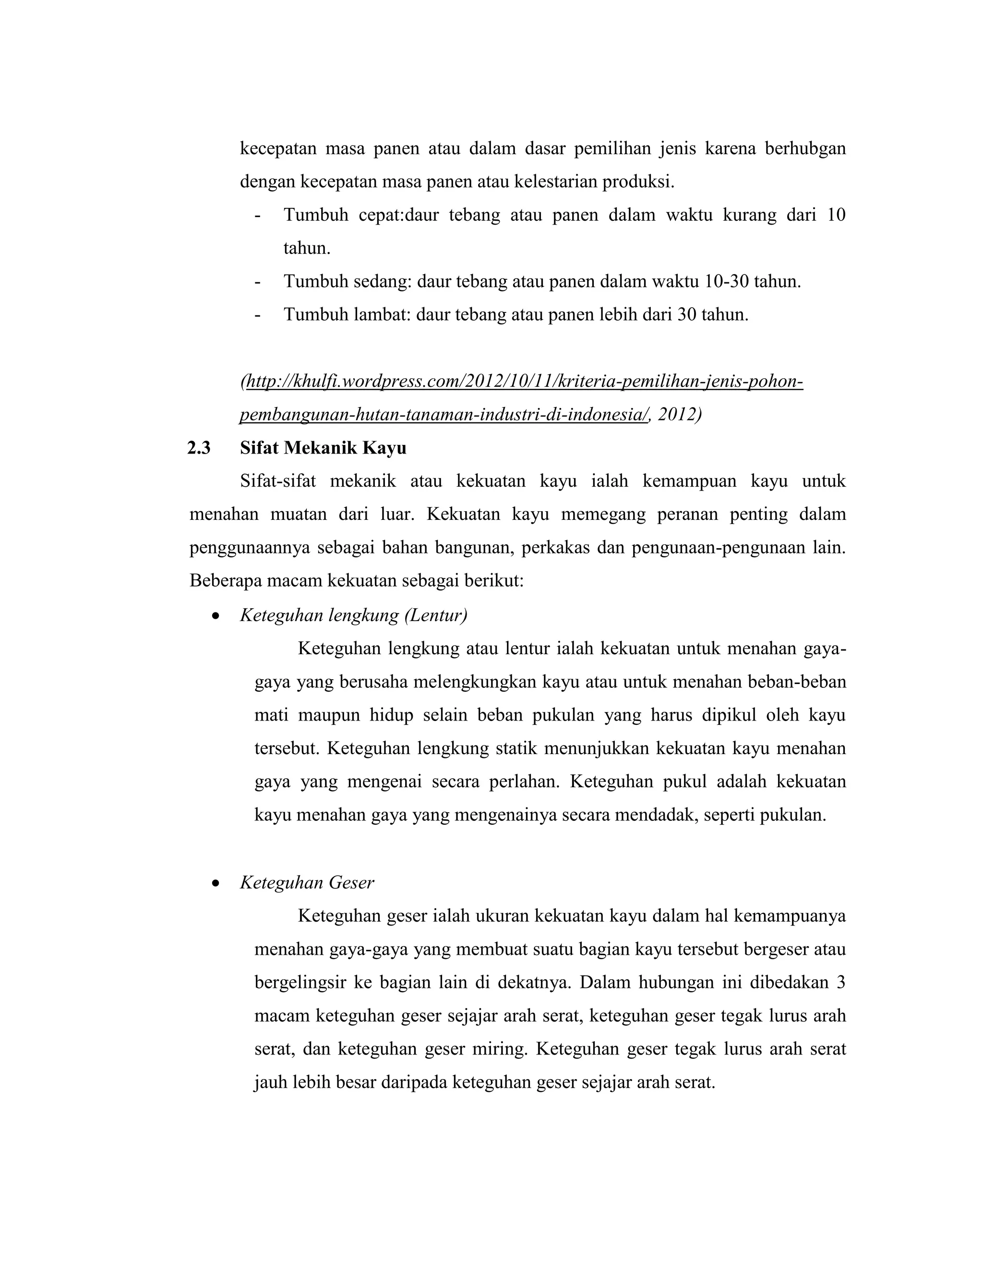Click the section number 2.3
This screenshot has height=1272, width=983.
199,448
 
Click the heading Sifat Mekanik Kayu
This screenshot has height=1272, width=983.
323,448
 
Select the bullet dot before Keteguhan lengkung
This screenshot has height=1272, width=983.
216,616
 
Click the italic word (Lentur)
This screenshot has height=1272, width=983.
436,616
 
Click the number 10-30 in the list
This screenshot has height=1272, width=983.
726,282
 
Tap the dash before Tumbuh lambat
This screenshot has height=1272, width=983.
257,315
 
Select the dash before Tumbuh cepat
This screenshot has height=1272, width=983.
257,216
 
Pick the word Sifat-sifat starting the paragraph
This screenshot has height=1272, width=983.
278,481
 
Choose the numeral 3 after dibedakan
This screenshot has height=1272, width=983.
840,983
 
